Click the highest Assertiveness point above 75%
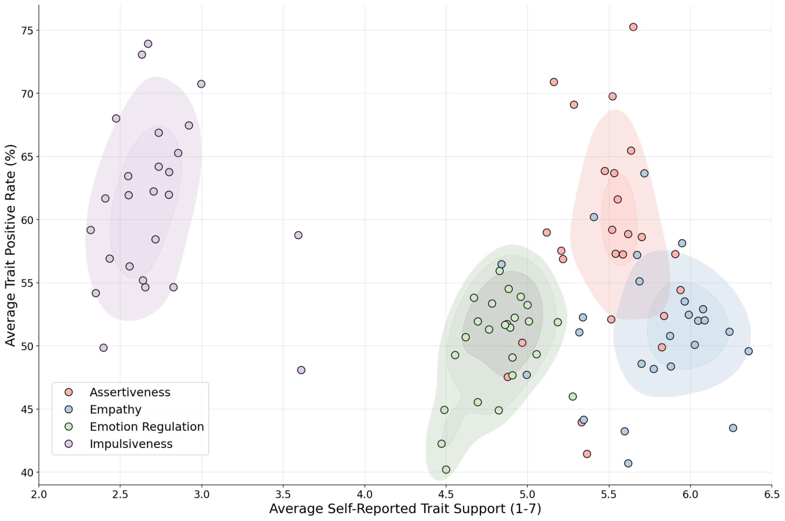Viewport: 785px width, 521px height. coord(633,27)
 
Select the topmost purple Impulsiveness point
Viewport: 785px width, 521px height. coord(148,44)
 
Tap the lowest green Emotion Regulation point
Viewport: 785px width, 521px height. coord(446,470)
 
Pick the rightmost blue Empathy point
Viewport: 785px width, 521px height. coord(748,351)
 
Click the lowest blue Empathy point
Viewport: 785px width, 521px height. coord(628,463)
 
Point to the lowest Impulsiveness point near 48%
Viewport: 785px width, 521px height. coord(301,370)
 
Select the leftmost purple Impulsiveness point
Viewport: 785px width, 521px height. coord(91,230)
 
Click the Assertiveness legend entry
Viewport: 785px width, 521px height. coord(130,392)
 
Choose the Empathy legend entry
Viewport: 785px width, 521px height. coord(115,410)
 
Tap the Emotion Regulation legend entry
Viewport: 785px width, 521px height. coord(146,427)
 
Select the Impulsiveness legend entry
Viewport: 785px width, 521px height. coord(131,444)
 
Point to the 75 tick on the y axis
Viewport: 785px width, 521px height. coord(27,31)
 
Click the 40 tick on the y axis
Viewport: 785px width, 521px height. coord(27,472)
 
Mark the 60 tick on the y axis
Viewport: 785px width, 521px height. coord(27,220)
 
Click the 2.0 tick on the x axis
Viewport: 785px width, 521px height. coord(39,494)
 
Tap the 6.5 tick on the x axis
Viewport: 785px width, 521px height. coord(772,494)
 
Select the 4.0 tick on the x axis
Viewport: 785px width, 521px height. coord(364,494)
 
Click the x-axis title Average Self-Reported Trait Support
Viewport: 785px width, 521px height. coord(405,509)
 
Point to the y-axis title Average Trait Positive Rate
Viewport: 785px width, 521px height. coord(11,245)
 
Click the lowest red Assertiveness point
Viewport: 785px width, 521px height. coord(587,454)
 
